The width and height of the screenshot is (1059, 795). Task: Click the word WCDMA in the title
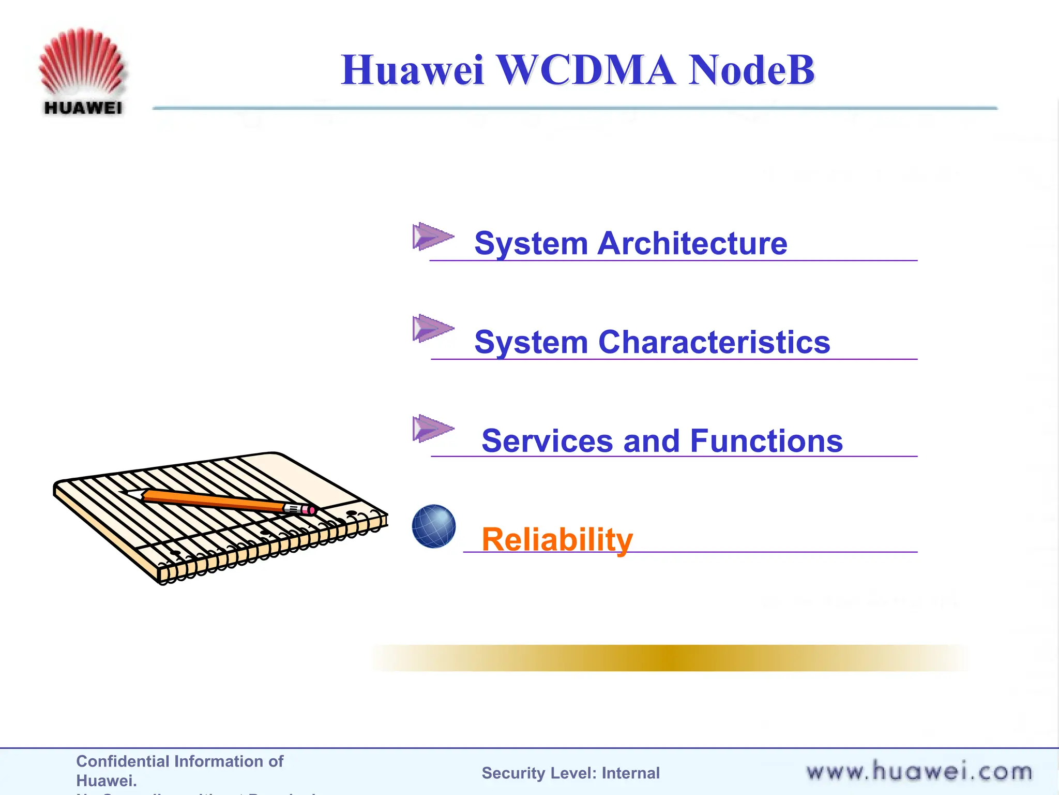coord(585,70)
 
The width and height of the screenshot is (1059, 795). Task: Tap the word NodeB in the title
coord(751,70)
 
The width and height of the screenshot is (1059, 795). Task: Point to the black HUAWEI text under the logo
coord(83,108)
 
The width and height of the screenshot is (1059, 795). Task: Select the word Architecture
coord(692,243)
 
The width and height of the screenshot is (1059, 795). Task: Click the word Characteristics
coord(714,342)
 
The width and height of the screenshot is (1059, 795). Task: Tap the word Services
coord(547,441)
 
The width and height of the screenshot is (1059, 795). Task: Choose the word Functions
coord(766,441)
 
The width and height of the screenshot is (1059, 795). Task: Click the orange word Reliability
coord(557,539)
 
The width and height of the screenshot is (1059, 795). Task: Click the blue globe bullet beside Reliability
coord(434,526)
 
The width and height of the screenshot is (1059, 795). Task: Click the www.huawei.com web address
coord(919,772)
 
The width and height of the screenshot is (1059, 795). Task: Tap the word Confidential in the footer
coord(123,761)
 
